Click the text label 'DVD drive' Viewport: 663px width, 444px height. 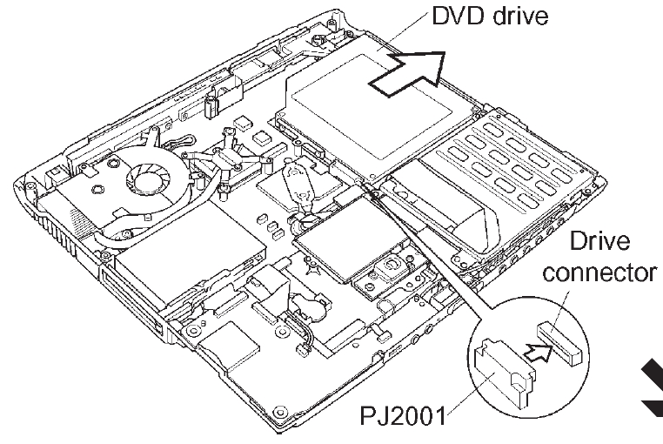tap(490, 16)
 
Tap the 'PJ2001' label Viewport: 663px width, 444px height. tap(403, 415)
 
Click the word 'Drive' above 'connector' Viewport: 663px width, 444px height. tap(599, 241)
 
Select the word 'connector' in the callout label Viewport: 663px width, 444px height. tap(599, 273)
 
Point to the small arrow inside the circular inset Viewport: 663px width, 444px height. tap(539, 352)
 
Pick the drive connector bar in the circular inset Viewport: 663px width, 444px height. tap(560, 343)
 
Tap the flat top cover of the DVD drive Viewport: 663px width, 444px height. tap(372, 106)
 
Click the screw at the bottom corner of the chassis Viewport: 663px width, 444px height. tap(280, 412)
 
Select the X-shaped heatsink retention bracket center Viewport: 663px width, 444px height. tap(227, 159)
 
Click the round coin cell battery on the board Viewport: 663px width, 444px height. tap(311, 304)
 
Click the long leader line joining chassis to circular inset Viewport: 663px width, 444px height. tap(427, 249)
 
